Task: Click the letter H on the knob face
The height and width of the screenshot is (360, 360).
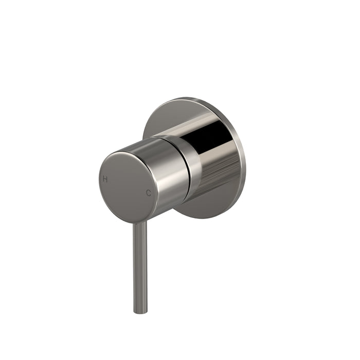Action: (105, 179)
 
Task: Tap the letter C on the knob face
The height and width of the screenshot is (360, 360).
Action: (149, 193)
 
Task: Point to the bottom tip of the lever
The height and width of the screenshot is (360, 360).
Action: (140, 312)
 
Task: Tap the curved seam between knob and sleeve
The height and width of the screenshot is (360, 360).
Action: (190, 170)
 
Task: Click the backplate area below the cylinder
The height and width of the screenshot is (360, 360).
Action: (206, 208)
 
